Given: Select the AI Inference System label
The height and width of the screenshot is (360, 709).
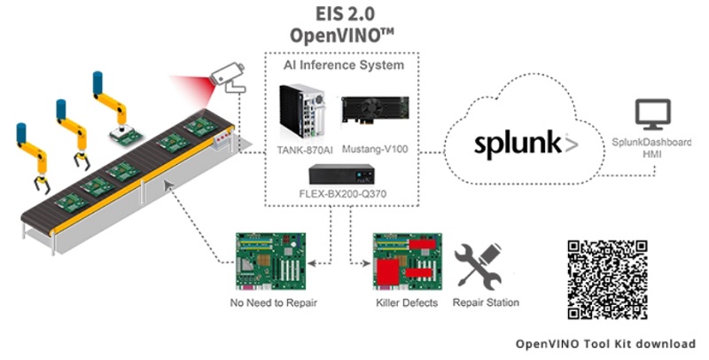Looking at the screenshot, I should pyautogui.click(x=343, y=66).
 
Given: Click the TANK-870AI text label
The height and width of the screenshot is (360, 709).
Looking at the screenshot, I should pyautogui.click(x=302, y=150).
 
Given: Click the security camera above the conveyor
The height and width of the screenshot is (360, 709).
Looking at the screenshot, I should pyautogui.click(x=227, y=78).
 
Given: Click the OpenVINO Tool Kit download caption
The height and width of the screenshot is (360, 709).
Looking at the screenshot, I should pyautogui.click(x=605, y=343).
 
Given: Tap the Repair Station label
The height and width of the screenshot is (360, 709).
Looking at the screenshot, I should pyautogui.click(x=486, y=303).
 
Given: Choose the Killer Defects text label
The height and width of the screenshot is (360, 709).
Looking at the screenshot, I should pyautogui.click(x=407, y=303).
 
